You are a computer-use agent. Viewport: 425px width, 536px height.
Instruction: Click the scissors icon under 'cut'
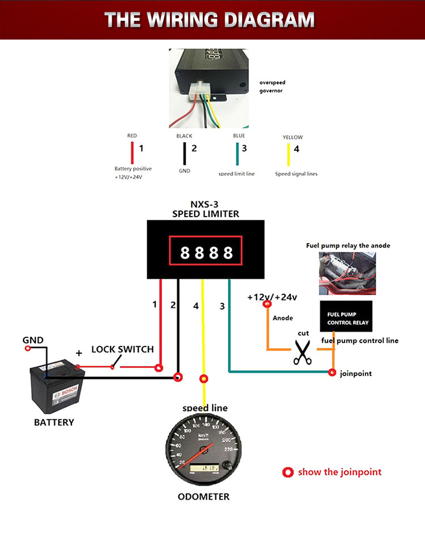[303, 352]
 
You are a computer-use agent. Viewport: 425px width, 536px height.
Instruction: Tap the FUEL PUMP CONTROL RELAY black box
[346, 316]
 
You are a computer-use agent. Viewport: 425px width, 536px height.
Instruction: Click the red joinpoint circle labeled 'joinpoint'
[332, 372]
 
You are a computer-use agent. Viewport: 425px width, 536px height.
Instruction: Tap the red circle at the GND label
[28, 348]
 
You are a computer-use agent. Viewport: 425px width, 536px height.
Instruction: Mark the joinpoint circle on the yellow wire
[203, 379]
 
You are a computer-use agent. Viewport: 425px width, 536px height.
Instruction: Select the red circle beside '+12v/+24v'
[267, 303]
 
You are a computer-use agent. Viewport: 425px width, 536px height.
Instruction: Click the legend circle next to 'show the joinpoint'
[288, 472]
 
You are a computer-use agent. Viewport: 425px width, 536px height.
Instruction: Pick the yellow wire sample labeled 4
[288, 155]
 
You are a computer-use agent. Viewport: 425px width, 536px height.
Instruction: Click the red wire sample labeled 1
[132, 153]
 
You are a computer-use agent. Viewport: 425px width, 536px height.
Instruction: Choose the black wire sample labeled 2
[185, 154]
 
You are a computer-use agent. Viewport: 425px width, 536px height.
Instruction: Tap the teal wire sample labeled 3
[237, 154]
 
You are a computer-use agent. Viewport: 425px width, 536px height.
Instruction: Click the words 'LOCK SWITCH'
[122, 349]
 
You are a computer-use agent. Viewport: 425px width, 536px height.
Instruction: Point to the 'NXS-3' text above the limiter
[205, 204]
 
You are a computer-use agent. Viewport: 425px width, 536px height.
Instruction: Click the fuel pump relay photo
[347, 273]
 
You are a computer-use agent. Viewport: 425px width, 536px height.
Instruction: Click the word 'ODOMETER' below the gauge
[203, 497]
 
